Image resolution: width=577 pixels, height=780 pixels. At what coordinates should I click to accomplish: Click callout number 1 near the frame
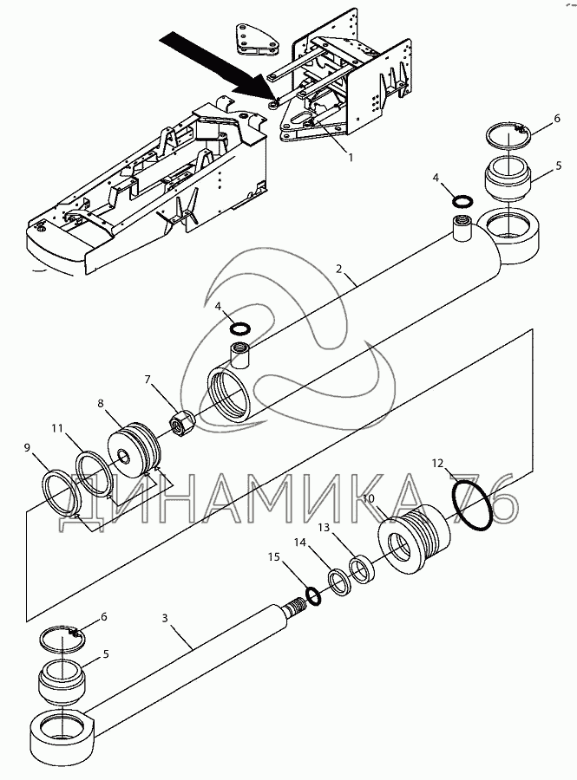[x=350, y=158]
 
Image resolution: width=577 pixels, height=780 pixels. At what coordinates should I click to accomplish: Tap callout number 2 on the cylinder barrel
[x=339, y=270]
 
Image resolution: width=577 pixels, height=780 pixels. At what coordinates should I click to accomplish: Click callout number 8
[x=101, y=403]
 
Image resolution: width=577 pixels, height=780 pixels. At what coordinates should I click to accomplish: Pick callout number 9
[x=28, y=447]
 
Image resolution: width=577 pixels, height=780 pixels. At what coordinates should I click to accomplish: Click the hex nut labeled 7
[x=179, y=424]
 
